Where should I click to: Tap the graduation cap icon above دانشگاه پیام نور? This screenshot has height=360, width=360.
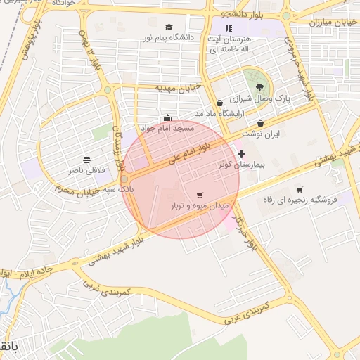(169, 27)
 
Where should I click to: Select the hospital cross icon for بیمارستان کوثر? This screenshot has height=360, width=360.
(242, 153)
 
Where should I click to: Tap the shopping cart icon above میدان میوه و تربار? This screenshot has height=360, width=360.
(200, 195)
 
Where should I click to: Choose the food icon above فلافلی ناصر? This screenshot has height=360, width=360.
(87, 160)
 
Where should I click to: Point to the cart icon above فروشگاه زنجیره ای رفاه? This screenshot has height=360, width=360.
(300, 189)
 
